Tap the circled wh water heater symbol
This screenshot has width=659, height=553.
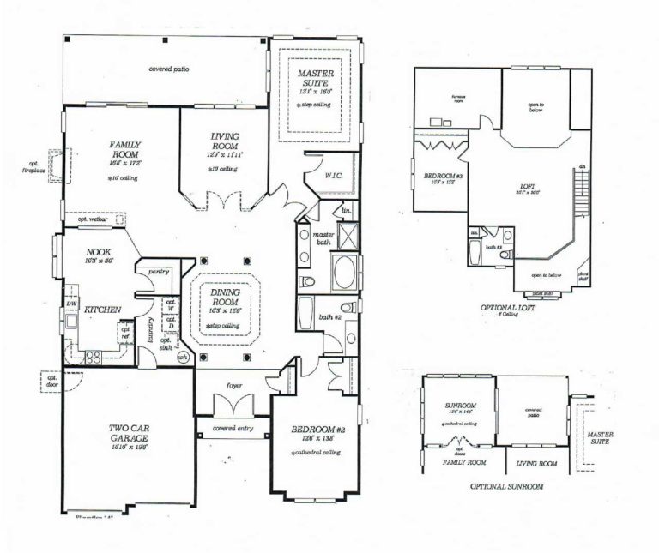click(182, 358)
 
